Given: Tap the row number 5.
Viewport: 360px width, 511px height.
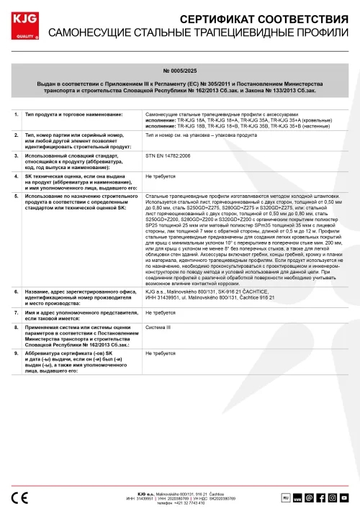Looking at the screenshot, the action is point(16,196).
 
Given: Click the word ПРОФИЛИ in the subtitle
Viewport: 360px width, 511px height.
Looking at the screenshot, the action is point(317,33).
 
